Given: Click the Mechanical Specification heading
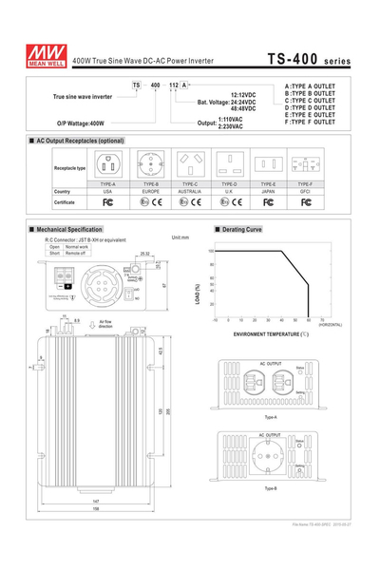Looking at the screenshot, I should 66,229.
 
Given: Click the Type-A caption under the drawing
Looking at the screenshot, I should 271,416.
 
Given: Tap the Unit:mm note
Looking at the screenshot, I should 180,237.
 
